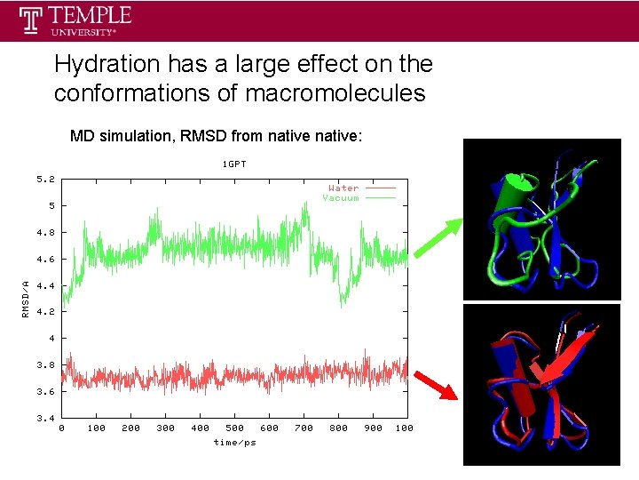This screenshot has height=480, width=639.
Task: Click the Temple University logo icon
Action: click(32, 20)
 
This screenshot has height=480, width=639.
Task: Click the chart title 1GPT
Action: click(234, 164)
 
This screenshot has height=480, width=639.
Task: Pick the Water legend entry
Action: click(343, 188)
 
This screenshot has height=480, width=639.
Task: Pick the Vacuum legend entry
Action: click(341, 197)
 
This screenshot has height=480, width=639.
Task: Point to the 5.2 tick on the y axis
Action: click(45, 180)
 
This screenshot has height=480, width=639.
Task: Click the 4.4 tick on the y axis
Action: click(45, 285)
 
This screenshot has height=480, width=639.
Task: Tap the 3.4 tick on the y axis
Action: click(45, 418)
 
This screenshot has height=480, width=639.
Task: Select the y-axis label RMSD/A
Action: click(26, 298)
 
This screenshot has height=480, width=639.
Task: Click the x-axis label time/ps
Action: click(234, 442)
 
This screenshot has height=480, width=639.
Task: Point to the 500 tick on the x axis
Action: click(234, 428)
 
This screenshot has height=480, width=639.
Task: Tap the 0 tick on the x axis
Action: click(61, 428)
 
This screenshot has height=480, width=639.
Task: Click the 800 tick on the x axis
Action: click(338, 428)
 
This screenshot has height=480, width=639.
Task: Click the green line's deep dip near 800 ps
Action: click(342, 300)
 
